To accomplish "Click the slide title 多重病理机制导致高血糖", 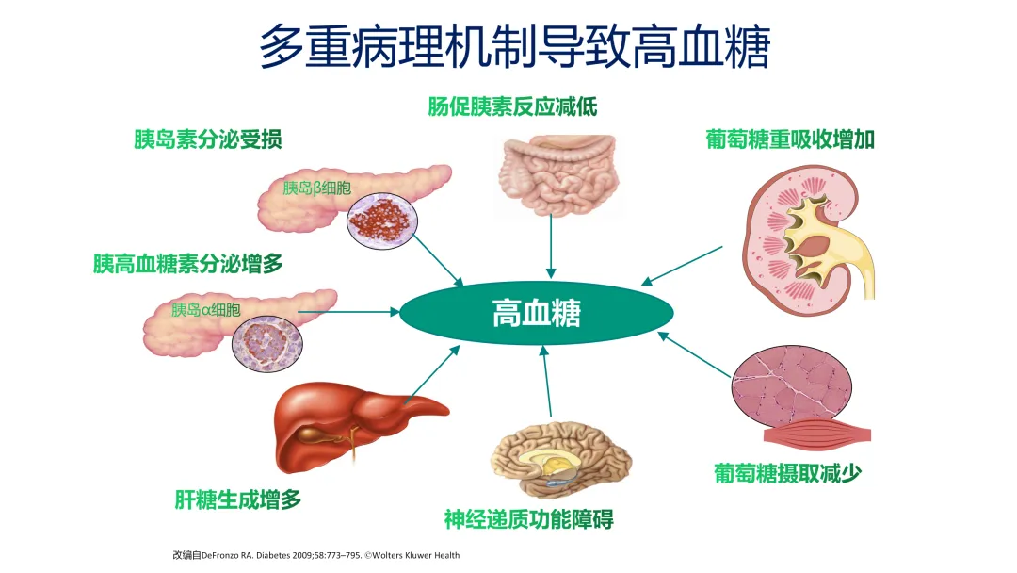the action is point(514,47).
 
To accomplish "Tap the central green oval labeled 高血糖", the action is point(537,313).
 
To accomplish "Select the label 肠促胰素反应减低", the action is point(512,106).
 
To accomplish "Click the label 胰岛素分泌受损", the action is point(207,139).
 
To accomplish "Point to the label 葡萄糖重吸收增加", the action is point(790,139).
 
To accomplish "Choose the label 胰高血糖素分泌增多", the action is point(188,264).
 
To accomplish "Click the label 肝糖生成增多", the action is point(238,499).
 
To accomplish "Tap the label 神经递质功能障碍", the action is point(528,519).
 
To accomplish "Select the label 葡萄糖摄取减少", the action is point(787,474).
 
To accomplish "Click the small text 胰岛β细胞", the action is point(316,188).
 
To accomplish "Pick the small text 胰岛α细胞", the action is point(205,310).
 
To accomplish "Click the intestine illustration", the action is point(557,174).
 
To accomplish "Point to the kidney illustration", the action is point(808,240).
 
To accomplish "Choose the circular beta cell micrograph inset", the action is point(382,221).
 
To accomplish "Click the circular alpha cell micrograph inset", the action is point(267,344).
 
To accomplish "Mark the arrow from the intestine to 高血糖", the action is point(551,247).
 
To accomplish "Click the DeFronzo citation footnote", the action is point(315,555).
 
